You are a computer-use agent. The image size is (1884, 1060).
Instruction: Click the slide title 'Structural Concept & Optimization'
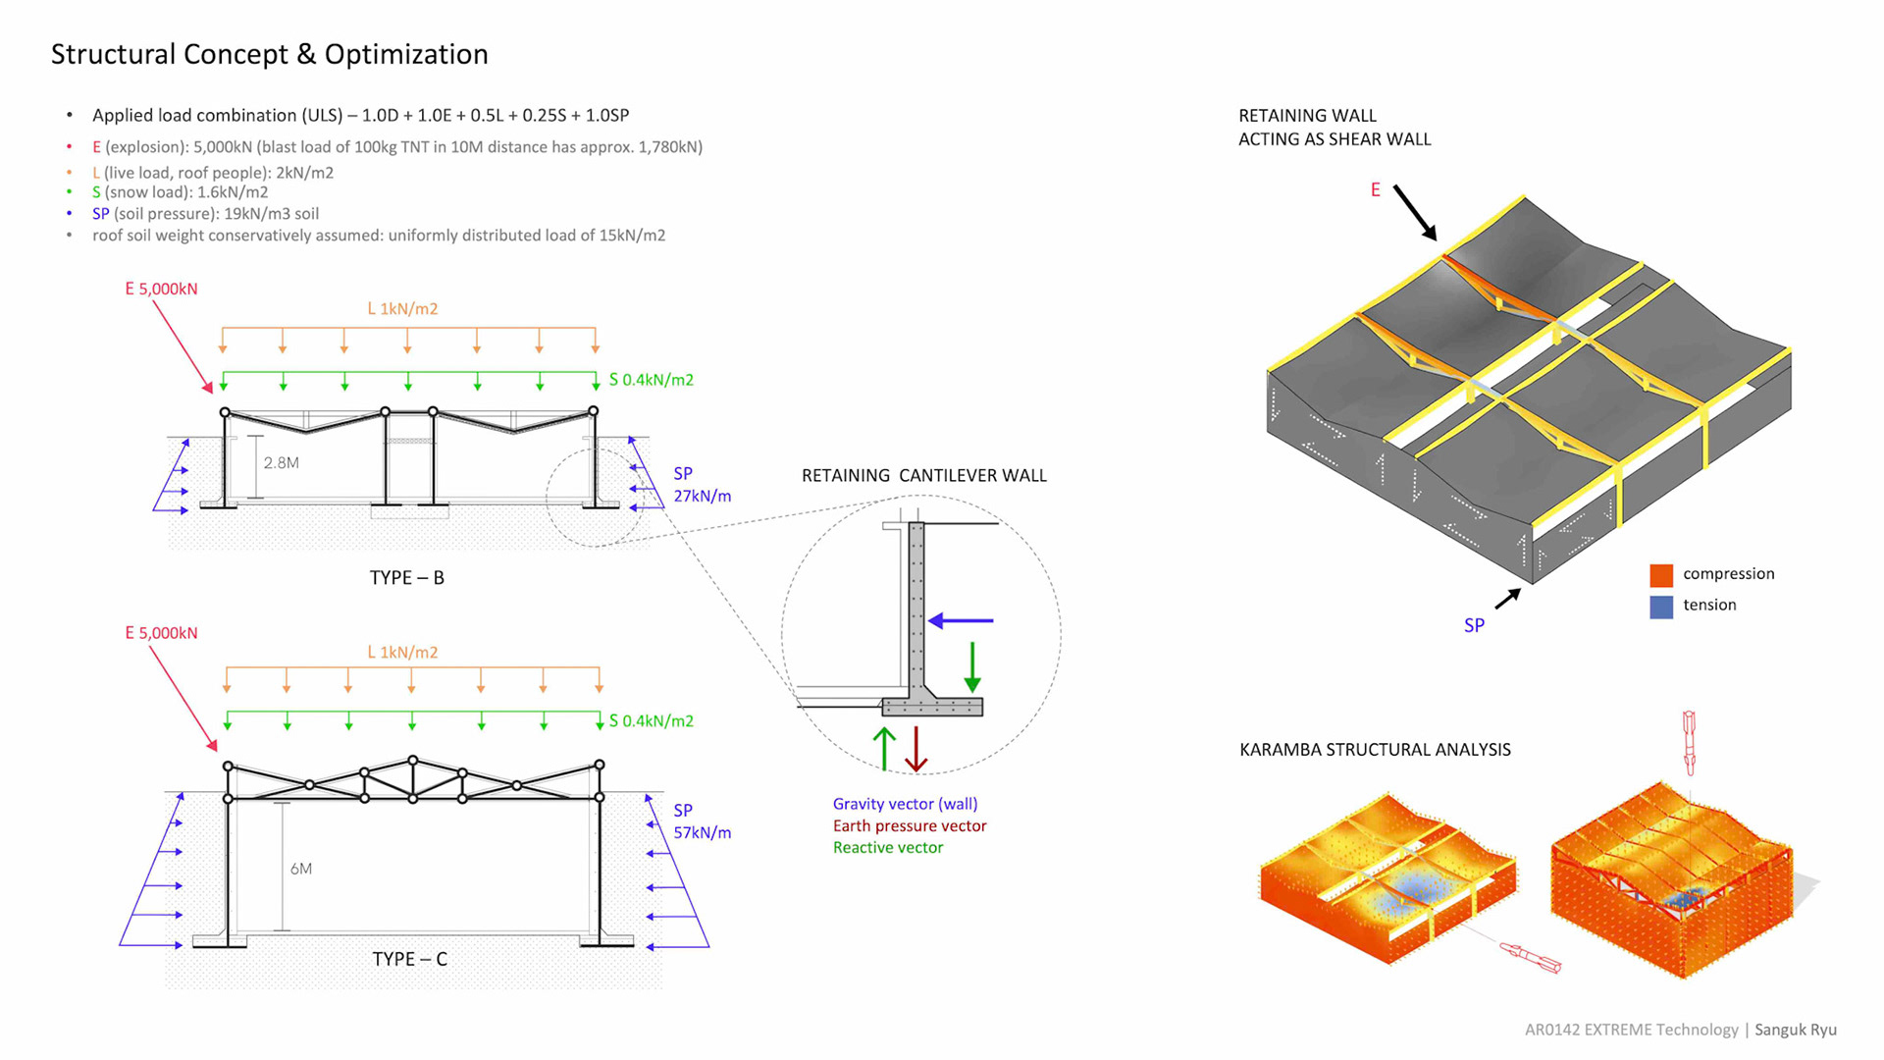269,54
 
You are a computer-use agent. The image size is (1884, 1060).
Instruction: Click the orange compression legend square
1660,575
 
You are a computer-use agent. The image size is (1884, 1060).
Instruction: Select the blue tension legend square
1660,607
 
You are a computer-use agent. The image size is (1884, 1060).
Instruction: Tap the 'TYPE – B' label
406,578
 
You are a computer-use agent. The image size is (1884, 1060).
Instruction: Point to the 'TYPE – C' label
409,959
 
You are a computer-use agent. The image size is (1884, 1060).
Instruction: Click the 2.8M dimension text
281,463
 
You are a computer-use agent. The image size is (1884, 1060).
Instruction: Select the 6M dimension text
300,869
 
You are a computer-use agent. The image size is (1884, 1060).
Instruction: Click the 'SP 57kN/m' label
701,821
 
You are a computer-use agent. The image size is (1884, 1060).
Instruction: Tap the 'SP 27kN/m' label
701,485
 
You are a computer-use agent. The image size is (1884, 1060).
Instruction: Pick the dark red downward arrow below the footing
916,749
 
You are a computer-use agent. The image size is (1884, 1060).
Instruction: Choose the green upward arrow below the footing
884,749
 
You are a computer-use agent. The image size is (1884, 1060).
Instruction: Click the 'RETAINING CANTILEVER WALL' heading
923,476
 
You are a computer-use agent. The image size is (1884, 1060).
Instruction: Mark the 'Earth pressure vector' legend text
909,826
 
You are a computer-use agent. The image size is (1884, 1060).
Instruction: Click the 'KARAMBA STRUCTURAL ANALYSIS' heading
1374,750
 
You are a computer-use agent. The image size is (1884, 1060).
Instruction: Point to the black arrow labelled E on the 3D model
1415,213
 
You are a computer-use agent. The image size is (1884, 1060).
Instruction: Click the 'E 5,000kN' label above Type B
161,289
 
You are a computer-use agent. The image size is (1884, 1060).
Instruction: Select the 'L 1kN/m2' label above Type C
402,653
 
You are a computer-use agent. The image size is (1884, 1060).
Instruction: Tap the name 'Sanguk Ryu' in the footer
1795,1030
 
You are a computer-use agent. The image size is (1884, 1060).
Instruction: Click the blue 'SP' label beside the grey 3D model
1474,626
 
